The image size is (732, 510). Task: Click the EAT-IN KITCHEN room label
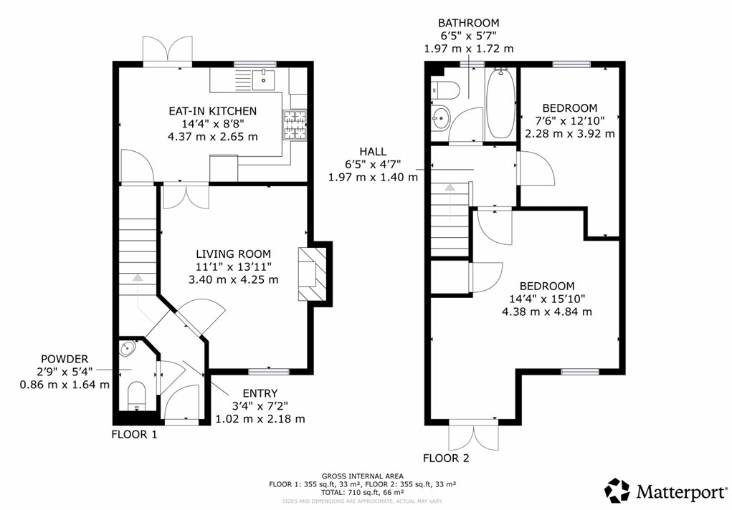point(212,111)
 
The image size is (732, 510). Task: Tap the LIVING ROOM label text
point(234,254)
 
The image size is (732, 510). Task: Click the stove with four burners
point(295,125)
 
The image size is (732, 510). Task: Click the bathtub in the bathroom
point(500,105)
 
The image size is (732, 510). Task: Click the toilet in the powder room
point(136,395)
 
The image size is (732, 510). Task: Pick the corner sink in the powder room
point(128,350)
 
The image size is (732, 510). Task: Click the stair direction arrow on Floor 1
point(136,279)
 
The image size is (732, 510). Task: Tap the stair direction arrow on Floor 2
point(450,188)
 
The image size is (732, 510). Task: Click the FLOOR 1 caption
point(134,434)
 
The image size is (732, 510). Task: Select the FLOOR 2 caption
point(446,458)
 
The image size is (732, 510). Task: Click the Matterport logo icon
point(617,491)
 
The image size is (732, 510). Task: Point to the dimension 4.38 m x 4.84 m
point(547,312)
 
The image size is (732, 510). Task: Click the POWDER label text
point(65,359)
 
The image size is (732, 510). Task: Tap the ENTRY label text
point(260,393)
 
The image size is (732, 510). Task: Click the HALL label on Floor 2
point(373,152)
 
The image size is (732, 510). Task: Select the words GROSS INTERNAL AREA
point(362,476)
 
